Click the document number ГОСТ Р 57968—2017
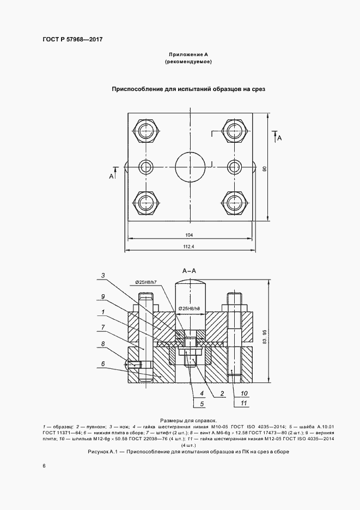coord(72,39)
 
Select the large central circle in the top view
coord(191,167)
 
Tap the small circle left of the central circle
coord(146,167)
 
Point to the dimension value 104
coord(189,235)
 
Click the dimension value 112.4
coord(189,246)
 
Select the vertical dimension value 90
coord(264,169)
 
